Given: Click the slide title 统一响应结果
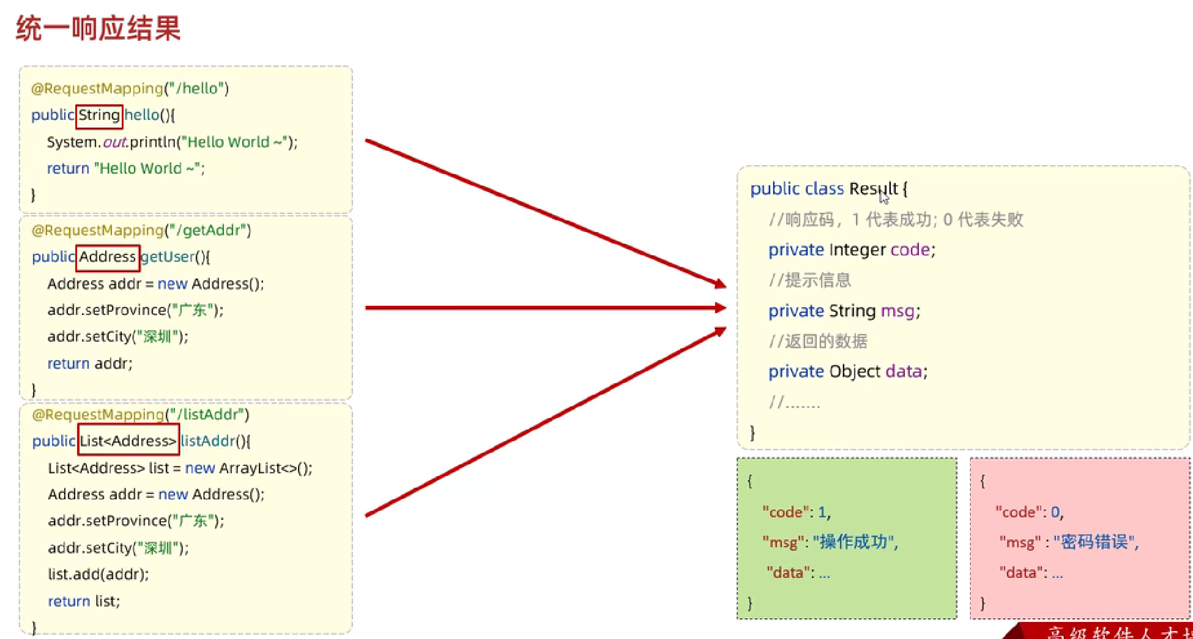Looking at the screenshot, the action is coord(98,28).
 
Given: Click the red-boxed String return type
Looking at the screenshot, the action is coord(99,115).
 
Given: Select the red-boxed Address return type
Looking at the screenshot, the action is coord(108,257).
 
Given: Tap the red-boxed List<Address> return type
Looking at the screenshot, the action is coord(128,441).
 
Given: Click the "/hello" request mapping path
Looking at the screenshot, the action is coord(196,89).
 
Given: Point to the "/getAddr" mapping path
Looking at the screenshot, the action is coord(208,231).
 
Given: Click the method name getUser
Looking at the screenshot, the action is coord(168,257).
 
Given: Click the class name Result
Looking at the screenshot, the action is coord(873,189).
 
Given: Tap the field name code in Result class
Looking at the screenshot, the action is coord(910,250).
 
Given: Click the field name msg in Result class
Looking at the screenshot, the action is coord(898,311).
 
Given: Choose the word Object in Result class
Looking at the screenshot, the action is coord(855,372).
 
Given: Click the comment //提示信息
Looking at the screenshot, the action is coord(810,281).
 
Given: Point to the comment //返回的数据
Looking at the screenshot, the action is coord(818,341).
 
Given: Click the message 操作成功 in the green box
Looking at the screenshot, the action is coord(854,542).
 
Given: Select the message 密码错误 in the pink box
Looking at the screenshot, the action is coord(1095,542).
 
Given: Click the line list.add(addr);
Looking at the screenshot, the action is coord(98,574).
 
